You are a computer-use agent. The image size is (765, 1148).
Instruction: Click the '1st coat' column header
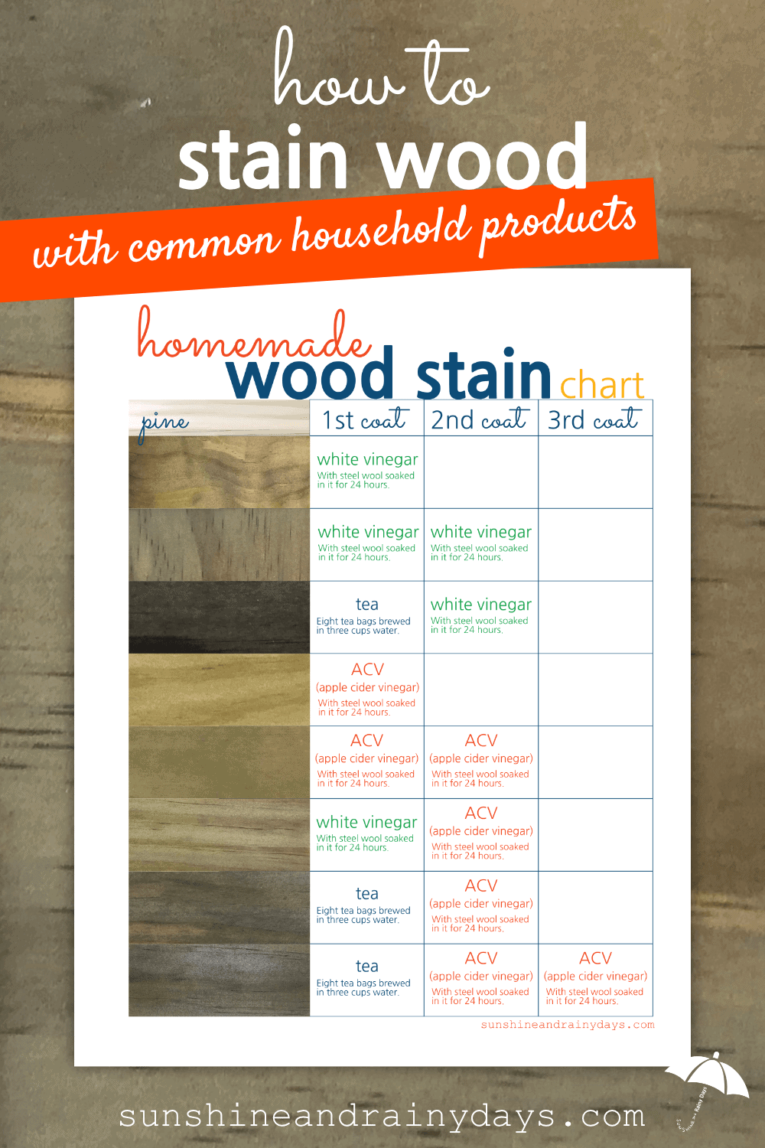[x=366, y=419]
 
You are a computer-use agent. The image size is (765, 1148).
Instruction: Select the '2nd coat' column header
[x=480, y=419]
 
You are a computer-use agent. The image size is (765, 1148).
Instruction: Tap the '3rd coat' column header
[x=594, y=419]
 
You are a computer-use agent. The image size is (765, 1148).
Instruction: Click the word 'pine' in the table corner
[x=164, y=425]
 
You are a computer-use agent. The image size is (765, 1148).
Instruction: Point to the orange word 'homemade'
[x=254, y=336]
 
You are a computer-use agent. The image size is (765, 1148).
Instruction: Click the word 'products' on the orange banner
[x=558, y=223]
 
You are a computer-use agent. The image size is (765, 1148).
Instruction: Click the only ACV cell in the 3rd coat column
[x=595, y=980]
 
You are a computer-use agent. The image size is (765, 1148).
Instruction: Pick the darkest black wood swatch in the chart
[x=220, y=617]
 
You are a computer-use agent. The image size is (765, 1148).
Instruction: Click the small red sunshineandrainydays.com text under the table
[x=568, y=1025]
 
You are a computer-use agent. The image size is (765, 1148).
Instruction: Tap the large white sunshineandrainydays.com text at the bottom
[x=382, y=1117]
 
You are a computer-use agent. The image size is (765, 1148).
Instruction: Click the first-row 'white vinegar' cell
[x=367, y=472]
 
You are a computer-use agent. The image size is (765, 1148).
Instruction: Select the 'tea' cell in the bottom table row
[x=367, y=980]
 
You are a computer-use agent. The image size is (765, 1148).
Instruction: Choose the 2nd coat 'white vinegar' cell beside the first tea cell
[x=481, y=617]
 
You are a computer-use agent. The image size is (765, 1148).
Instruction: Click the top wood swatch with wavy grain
[x=220, y=472]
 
